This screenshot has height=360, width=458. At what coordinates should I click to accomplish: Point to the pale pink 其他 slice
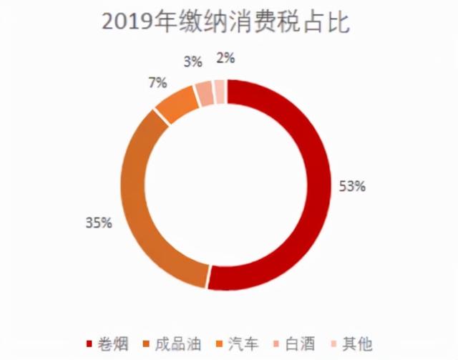pyautogui.click(x=220, y=90)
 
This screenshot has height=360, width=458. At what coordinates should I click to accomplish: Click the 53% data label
pyautogui.click(x=352, y=186)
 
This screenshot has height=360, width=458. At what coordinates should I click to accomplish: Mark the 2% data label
pyautogui.click(x=225, y=57)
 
